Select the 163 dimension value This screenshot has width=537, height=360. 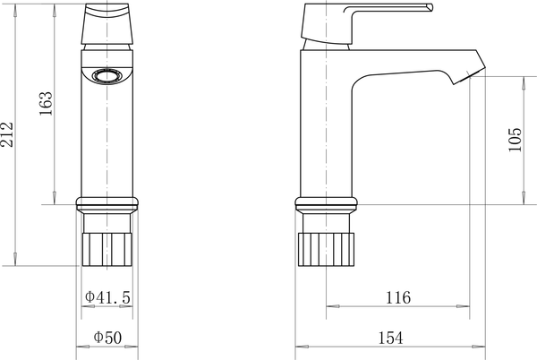[x=46, y=104]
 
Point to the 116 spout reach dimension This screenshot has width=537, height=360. [x=397, y=297]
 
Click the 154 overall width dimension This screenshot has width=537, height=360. [x=390, y=338]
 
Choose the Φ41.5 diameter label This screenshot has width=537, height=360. [x=107, y=297]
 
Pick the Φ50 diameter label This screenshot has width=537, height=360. [x=107, y=338]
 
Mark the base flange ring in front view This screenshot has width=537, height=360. [x=107, y=202]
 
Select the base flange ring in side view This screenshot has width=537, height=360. [x=326, y=202]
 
